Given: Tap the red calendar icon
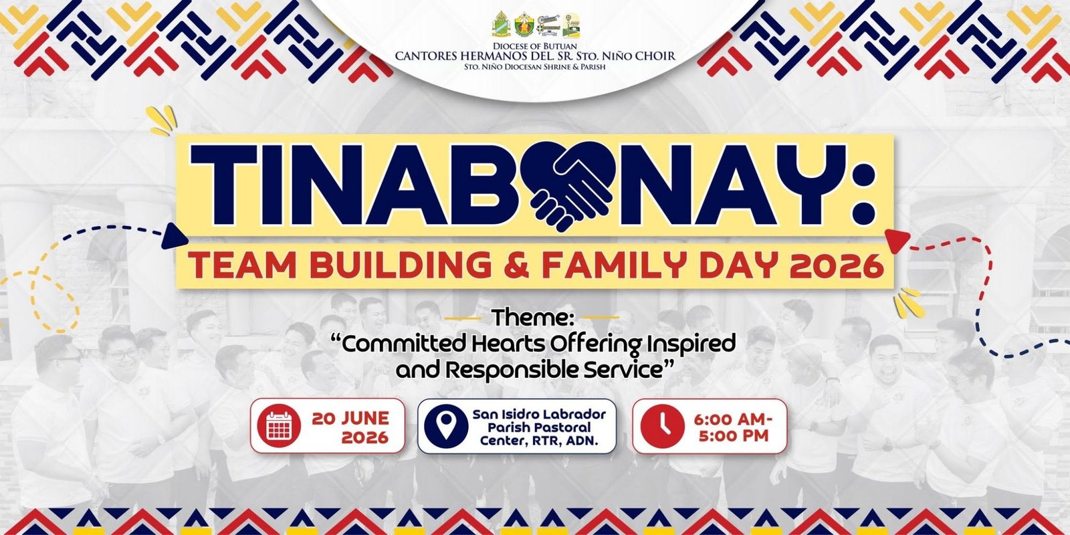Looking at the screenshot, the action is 279,425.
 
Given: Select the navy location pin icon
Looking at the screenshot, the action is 446,426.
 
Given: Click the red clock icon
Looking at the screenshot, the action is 663,426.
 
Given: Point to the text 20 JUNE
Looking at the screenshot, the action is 350,418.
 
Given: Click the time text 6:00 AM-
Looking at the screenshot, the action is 733,420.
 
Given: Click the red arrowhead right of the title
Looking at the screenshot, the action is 897,240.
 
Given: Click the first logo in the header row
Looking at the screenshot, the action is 501,24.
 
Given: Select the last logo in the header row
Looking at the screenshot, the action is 571,25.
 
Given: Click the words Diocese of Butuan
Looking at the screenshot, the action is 535,46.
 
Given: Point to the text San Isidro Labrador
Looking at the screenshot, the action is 539,414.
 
